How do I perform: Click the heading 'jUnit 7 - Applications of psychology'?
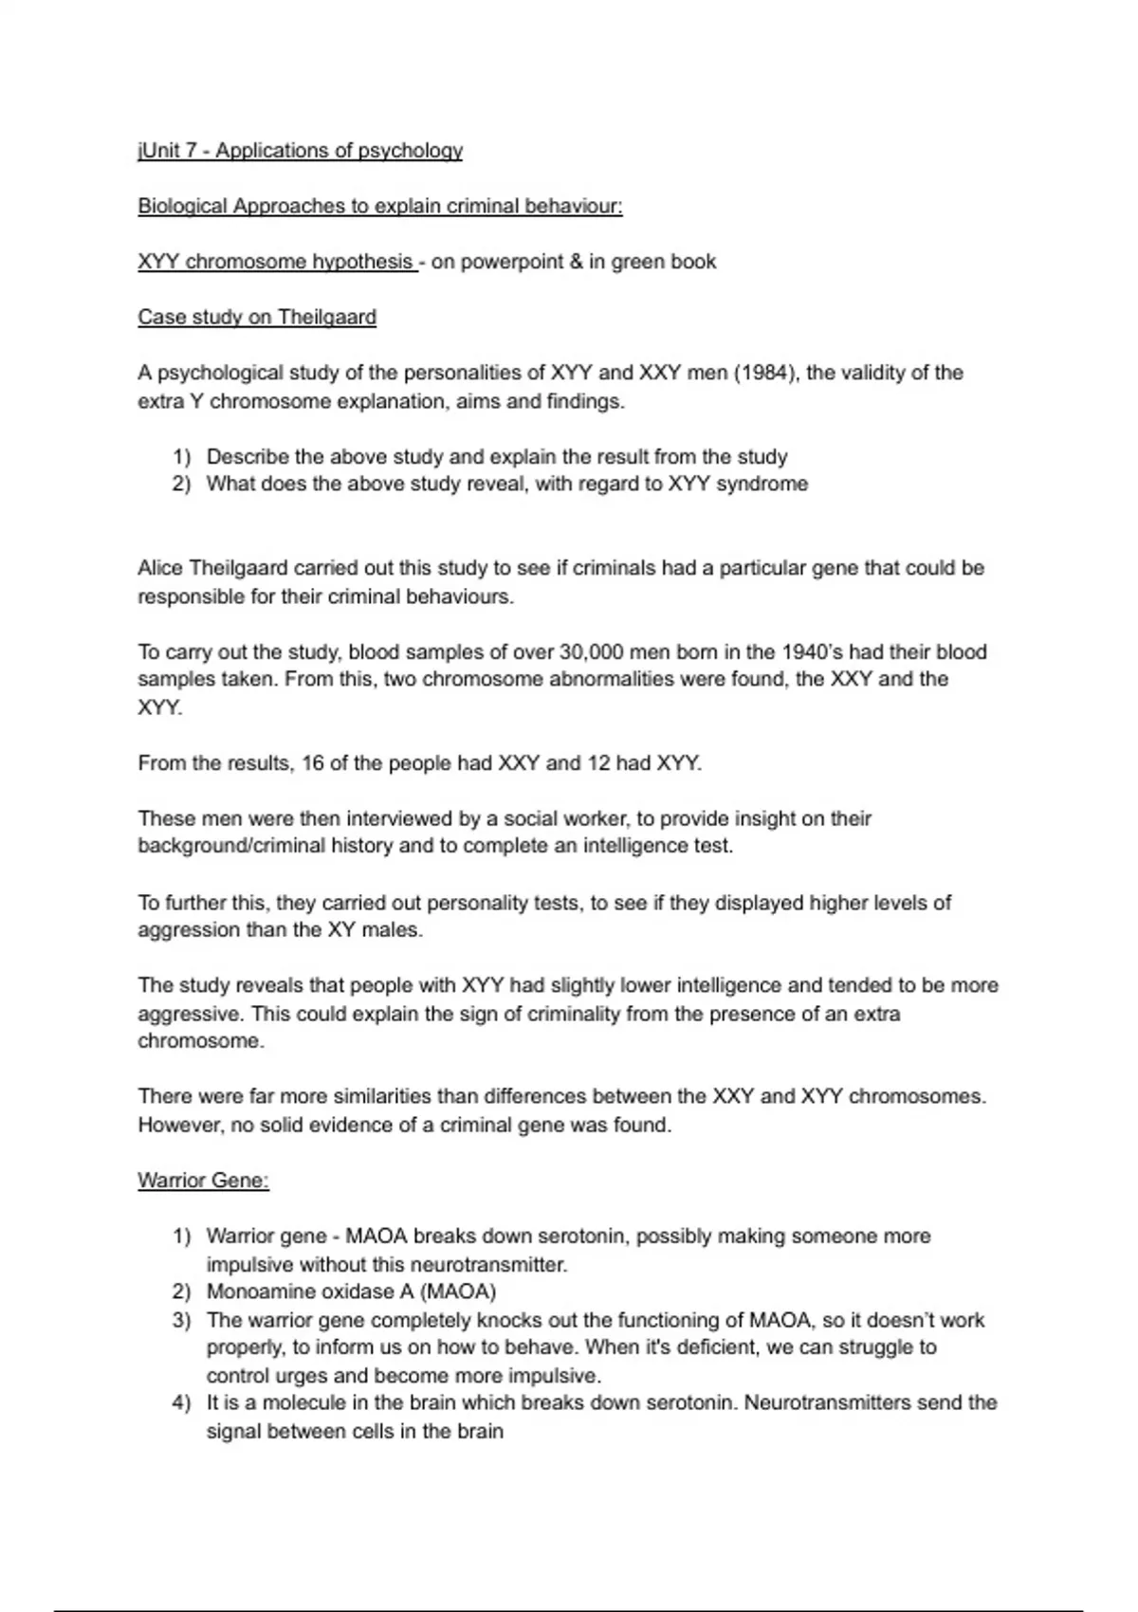coord(300,151)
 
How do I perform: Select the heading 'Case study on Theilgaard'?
coord(257,317)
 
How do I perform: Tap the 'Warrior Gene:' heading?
coord(203,1181)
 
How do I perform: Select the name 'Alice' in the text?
coord(160,568)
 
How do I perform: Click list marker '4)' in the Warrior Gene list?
coord(181,1402)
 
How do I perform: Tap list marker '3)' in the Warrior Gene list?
coord(181,1320)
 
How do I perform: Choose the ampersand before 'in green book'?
coord(576,262)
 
